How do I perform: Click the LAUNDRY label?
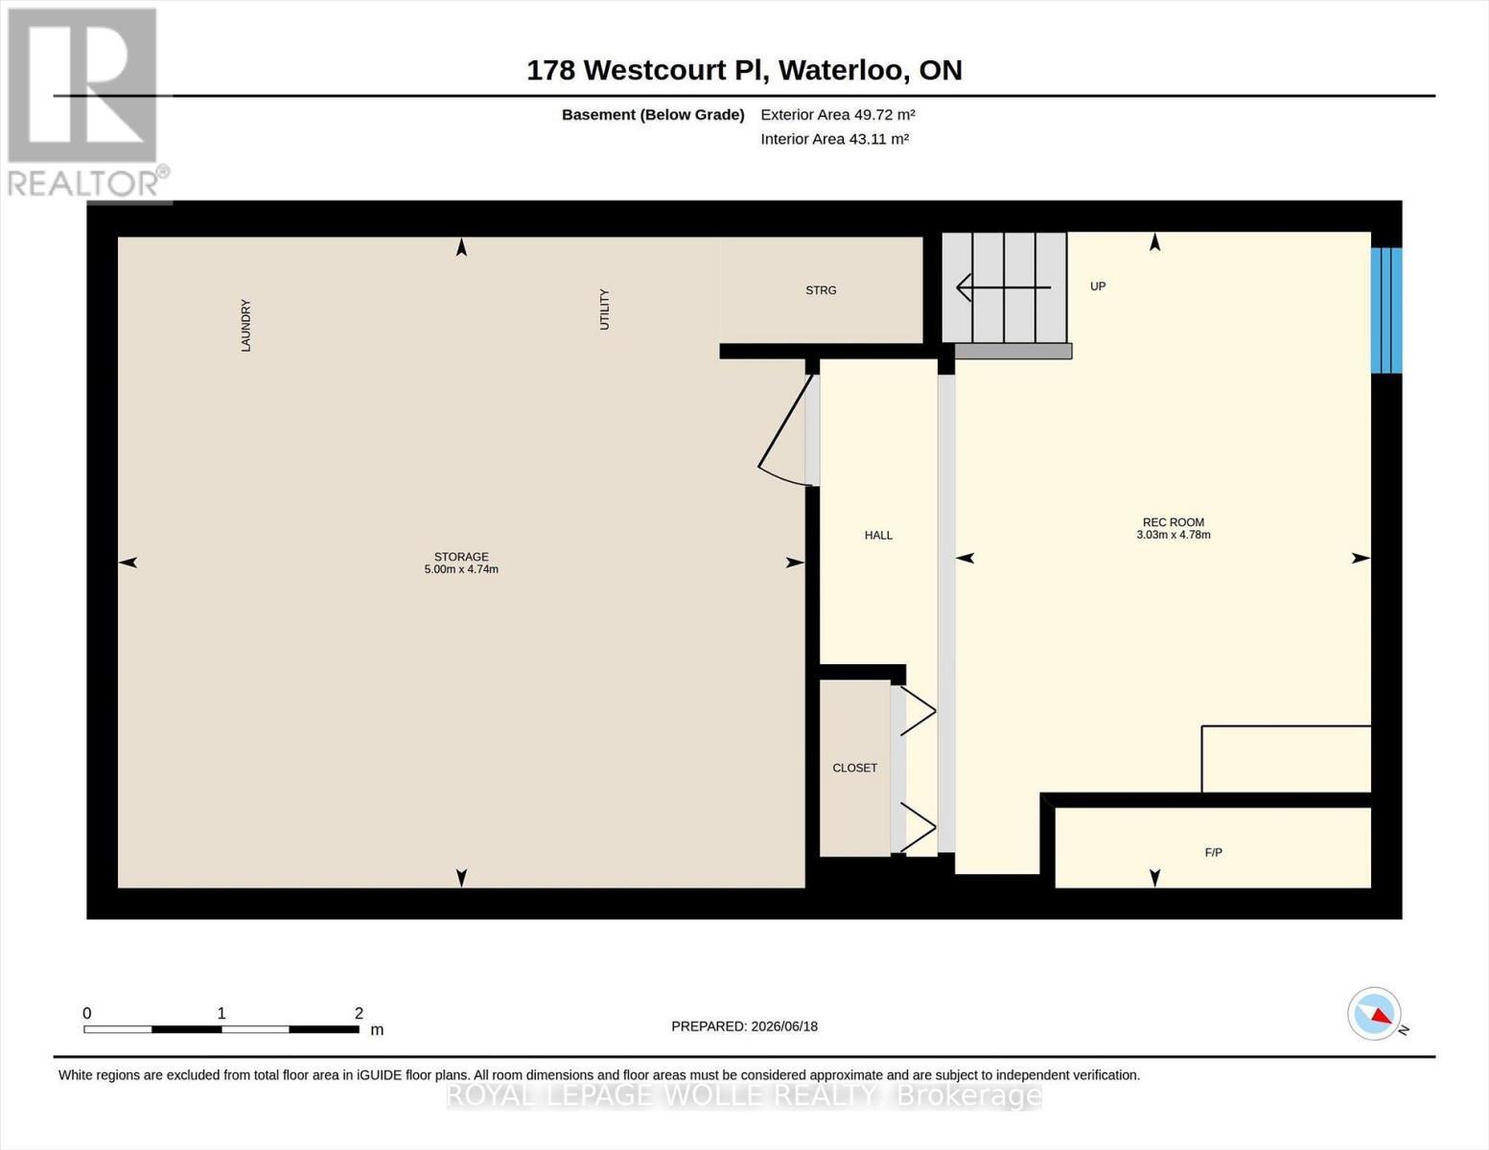tap(246, 325)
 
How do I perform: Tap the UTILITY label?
tap(604, 309)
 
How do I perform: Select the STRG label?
tap(821, 290)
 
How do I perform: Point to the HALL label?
tap(878, 535)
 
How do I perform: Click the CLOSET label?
tap(854, 768)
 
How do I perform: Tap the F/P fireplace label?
tap(1214, 852)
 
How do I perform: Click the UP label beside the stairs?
tap(1098, 287)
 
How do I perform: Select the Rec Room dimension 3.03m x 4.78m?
tap(1174, 535)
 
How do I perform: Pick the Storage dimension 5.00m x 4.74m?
tap(461, 569)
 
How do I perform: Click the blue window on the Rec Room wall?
tap(1386, 310)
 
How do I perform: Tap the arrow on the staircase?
tap(1003, 287)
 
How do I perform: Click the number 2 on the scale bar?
tap(359, 1013)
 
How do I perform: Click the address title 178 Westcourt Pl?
tap(645, 70)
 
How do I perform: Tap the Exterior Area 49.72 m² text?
tap(838, 114)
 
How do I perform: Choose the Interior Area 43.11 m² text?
tap(834, 139)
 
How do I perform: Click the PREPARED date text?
tap(744, 1026)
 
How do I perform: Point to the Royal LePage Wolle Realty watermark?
tap(744, 1096)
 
